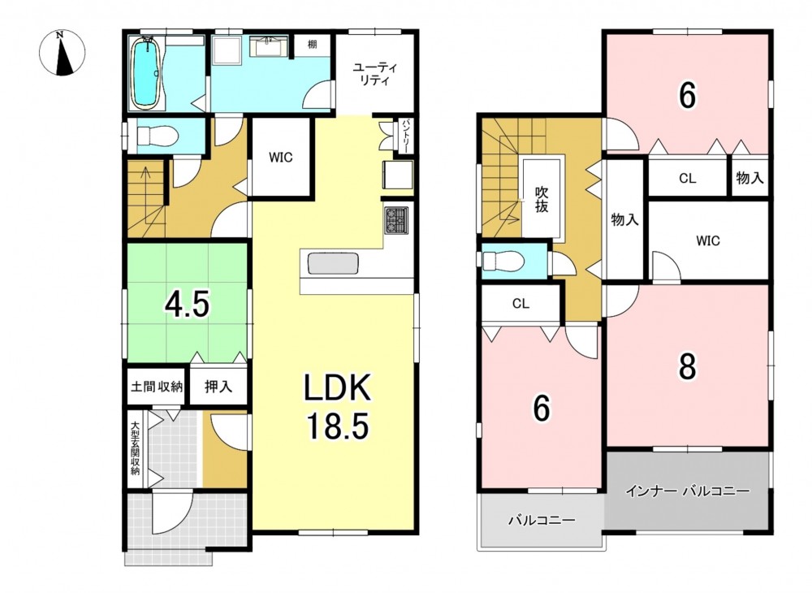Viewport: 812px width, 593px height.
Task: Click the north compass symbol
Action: click(x=63, y=53)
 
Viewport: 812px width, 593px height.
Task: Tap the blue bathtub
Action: click(x=146, y=72)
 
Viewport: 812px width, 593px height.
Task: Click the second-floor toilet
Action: click(x=504, y=261)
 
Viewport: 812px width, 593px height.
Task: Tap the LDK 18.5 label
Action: click(x=337, y=407)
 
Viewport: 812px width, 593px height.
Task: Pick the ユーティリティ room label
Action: click(x=374, y=74)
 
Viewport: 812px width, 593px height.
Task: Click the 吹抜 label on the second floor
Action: click(x=542, y=199)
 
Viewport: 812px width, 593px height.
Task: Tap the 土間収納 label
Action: click(x=157, y=386)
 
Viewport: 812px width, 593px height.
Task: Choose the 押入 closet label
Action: click(x=218, y=386)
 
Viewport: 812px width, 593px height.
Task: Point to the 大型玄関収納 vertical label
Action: click(x=135, y=448)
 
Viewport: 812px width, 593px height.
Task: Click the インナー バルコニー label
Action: click(x=687, y=491)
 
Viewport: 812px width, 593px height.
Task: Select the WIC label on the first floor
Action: click(x=280, y=157)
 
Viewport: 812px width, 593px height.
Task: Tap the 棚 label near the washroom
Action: click(x=313, y=45)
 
